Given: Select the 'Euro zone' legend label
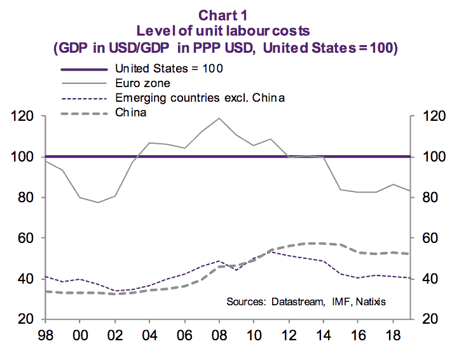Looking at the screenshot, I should pyautogui.click(x=144, y=83).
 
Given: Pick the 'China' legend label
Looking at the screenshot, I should pyautogui.click(x=131, y=113).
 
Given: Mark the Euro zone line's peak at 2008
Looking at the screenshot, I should pyautogui.click(x=219, y=118).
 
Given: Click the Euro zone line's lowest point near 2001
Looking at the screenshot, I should pyautogui.click(x=98, y=202).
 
